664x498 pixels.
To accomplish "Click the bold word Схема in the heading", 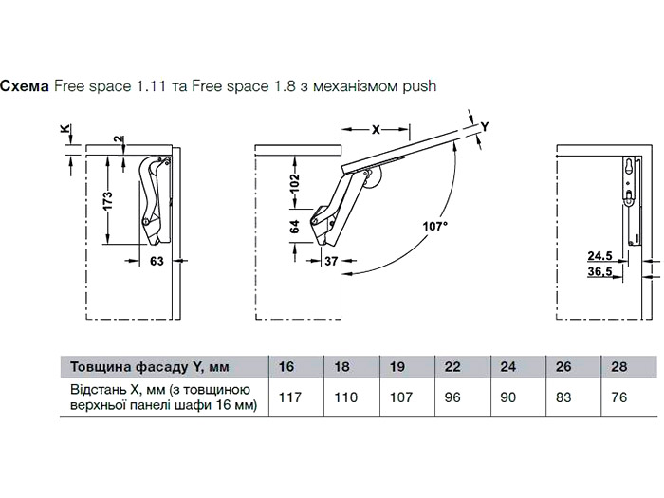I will point(26,85).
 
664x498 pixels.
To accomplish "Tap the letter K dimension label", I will point(64,129).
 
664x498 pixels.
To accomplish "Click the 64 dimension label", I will point(294,227).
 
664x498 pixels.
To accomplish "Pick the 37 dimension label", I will point(331,261).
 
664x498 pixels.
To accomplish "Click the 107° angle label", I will point(435,226).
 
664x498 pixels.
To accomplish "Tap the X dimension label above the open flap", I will point(376,129).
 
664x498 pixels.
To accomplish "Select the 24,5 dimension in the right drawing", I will point(599,255).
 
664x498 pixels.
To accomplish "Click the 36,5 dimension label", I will point(599,272).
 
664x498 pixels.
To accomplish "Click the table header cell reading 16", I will point(287,366).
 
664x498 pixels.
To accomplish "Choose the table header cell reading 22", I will point(452,366).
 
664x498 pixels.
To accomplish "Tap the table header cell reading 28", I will point(618,366).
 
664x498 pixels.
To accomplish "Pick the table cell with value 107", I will point(397,397).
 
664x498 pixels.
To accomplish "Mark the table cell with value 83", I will point(563,397).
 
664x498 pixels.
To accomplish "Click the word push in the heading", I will point(417,86).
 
